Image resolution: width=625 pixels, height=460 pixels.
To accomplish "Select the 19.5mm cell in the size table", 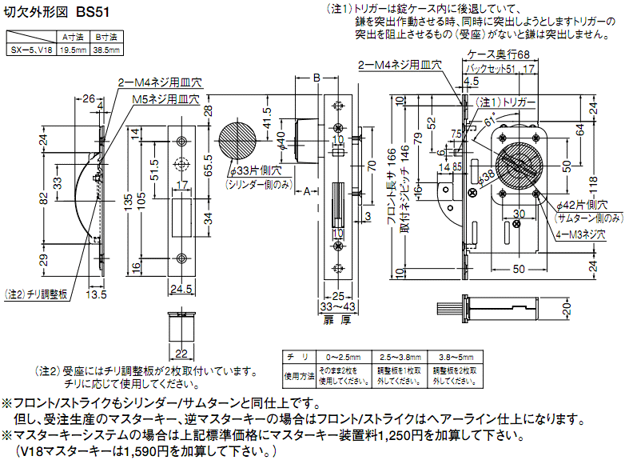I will (x=74, y=50).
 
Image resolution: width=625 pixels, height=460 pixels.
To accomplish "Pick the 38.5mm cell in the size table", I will (x=106, y=50).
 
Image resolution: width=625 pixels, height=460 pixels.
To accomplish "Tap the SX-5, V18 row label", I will (x=32, y=50).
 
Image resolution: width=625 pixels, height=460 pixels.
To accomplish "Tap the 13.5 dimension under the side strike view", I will (x=97, y=294).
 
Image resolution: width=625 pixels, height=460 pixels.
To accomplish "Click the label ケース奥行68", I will (x=499, y=54).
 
